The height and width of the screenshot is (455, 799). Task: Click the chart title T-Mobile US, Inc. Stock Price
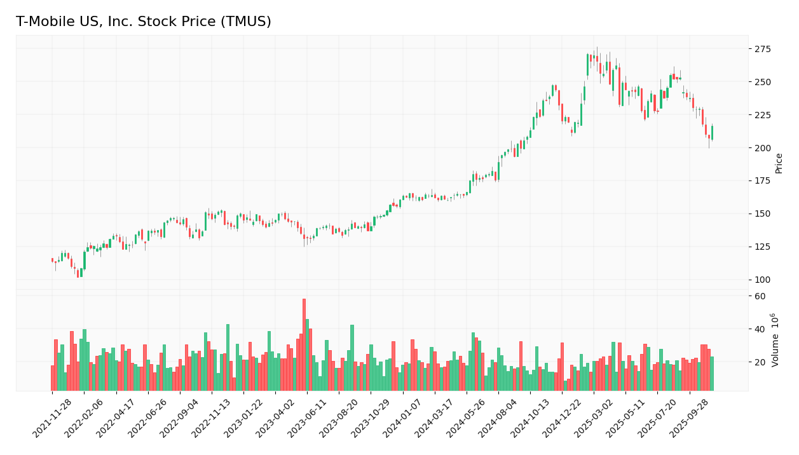click(x=144, y=22)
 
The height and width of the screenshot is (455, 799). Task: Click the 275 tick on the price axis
click(x=763, y=49)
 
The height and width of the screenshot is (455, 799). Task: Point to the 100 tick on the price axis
click(x=763, y=280)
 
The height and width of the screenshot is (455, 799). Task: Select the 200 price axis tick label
click(x=763, y=148)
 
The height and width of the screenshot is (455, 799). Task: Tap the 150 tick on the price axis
click(x=763, y=214)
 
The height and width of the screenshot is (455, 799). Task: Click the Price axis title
click(x=779, y=163)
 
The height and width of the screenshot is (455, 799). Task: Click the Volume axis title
click(x=775, y=339)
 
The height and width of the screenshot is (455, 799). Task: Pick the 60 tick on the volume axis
click(x=760, y=296)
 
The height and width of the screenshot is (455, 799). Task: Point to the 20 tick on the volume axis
click(x=760, y=362)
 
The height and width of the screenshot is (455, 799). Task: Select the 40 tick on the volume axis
click(x=760, y=329)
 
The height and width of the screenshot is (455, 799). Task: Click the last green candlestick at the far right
click(x=712, y=133)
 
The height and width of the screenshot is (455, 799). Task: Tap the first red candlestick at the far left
click(x=53, y=260)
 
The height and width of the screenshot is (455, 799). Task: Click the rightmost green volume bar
click(x=712, y=374)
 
